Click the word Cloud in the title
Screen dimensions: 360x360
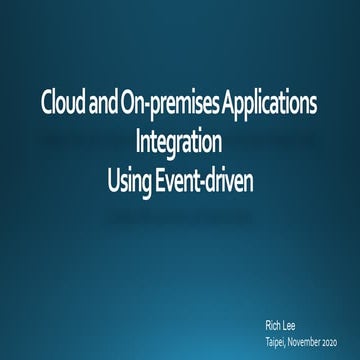64,103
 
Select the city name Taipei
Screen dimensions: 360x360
277,340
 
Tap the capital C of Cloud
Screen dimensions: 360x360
47,103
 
